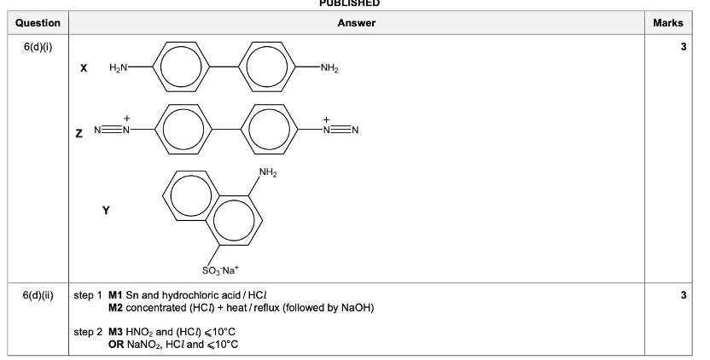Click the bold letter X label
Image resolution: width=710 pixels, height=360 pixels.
coord(84,67)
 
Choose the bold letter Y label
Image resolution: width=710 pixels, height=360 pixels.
coord(106,208)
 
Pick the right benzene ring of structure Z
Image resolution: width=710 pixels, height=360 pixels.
coord(271,131)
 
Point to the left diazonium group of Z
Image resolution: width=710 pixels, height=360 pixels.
coord(113,130)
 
